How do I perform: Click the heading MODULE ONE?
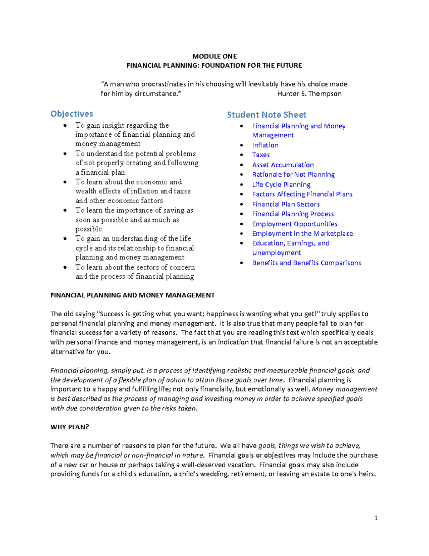pos(214,56)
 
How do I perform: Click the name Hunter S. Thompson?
pos(309,94)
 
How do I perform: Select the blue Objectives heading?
pos(72,114)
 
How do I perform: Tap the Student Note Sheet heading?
pos(267,115)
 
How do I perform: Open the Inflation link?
pos(265,145)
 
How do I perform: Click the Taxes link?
pos(261,155)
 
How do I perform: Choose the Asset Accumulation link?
pos(283,165)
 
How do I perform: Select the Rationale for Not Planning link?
pos(293,175)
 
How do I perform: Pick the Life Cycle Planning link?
pos(281,185)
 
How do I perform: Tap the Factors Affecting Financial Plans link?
pos(302,194)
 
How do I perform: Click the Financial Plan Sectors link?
pos(286,204)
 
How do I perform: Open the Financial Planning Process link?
pos(293,214)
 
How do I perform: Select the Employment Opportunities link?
pos(295,224)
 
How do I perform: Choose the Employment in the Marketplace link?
pos(302,234)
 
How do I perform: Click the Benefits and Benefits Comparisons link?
pos(306,263)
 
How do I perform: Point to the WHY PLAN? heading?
pos(70,427)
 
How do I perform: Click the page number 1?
pos(376,518)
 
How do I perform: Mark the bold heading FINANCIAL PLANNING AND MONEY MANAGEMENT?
pos(132,295)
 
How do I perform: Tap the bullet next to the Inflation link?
pos(242,145)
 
